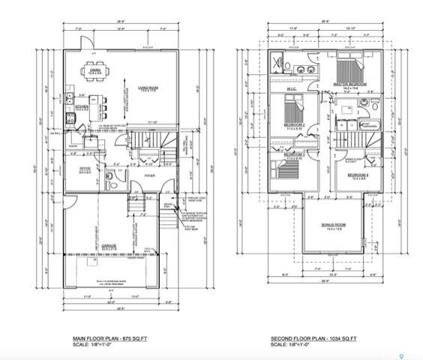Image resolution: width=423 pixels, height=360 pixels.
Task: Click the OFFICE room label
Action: point(85,169)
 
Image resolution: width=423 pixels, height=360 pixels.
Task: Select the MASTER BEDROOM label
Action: point(352,85)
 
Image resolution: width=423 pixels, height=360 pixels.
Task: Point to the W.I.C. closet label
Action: point(291,91)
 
